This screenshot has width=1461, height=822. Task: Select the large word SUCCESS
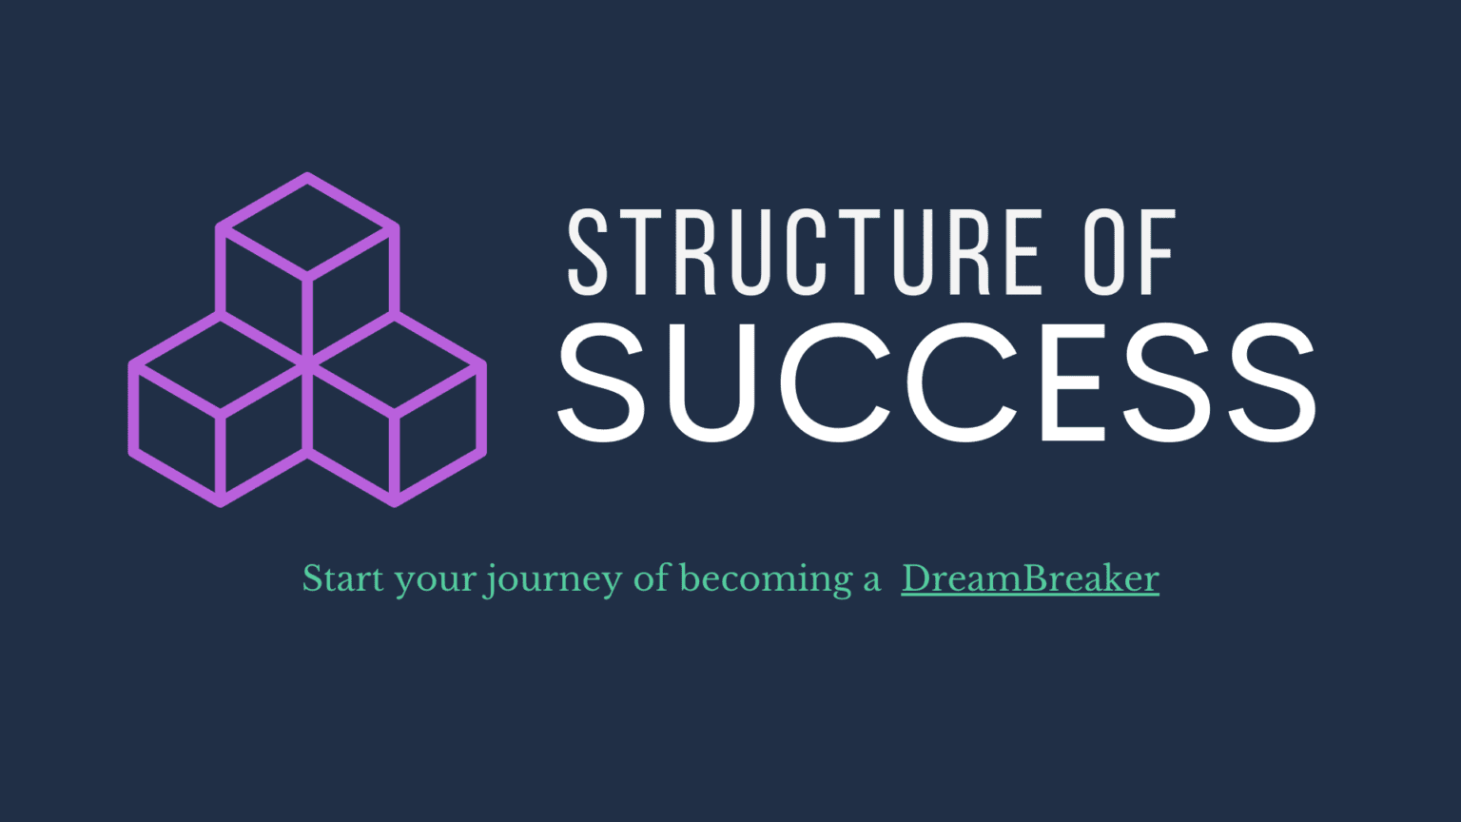click(x=937, y=382)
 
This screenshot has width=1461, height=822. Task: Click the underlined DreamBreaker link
click(x=1030, y=578)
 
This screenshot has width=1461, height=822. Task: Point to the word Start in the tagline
click(x=341, y=578)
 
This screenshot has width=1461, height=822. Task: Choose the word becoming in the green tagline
click(x=766, y=578)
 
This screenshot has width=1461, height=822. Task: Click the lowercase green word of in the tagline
click(x=653, y=577)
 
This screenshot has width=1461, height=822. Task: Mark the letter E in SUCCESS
click(x=1073, y=382)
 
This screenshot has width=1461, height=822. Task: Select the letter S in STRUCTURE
click(x=587, y=252)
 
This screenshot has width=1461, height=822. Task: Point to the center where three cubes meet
click(x=307, y=362)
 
